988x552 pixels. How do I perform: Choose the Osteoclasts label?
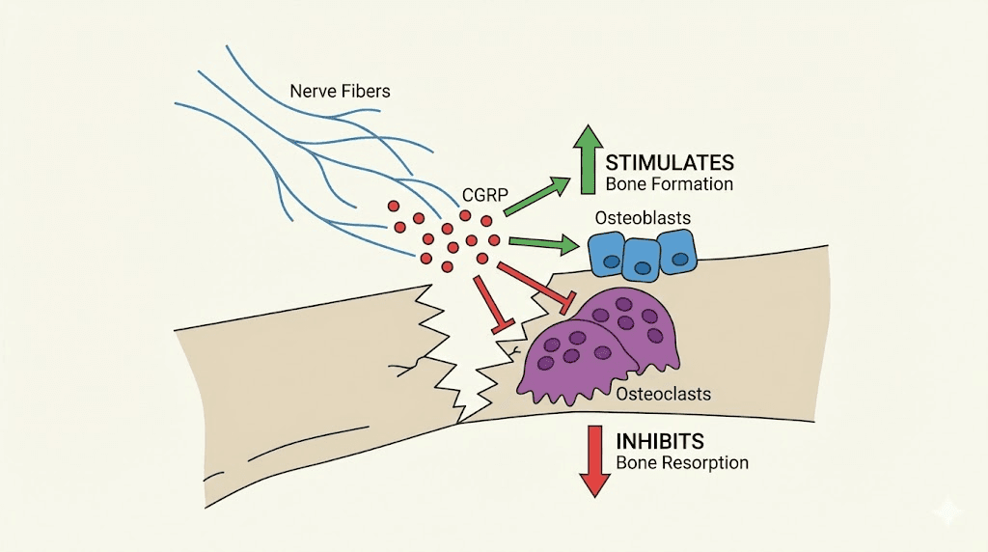pos(664,394)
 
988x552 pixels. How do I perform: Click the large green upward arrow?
pos(586,161)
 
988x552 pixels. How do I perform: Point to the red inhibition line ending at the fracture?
pos(491,304)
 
